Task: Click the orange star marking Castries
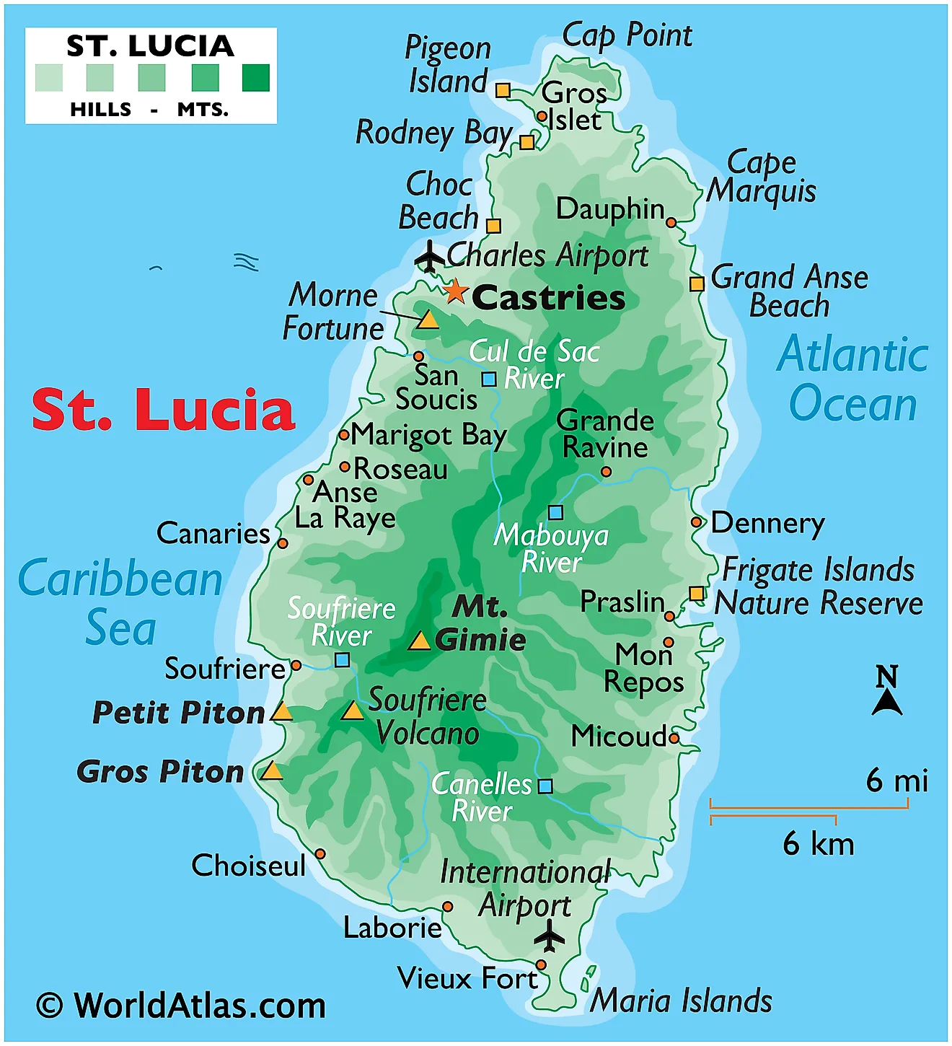pos(455,291)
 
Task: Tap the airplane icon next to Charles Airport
pos(430,257)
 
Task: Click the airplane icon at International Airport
pos(550,936)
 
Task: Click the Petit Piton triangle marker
pos(281,713)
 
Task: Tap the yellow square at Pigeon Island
pos(503,90)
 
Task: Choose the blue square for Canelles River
pos(545,786)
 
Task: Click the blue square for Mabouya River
pos(555,512)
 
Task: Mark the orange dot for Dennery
pos(696,522)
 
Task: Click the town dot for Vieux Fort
pos(541,964)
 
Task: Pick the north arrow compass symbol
pos(887,691)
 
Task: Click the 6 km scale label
pos(818,843)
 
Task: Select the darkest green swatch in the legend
pos(255,78)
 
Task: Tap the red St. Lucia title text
pos(164,410)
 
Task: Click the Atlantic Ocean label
pos(852,379)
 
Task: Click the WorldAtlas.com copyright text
pos(181,1005)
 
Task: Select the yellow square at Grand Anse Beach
pos(697,284)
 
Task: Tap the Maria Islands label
pos(681,1001)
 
